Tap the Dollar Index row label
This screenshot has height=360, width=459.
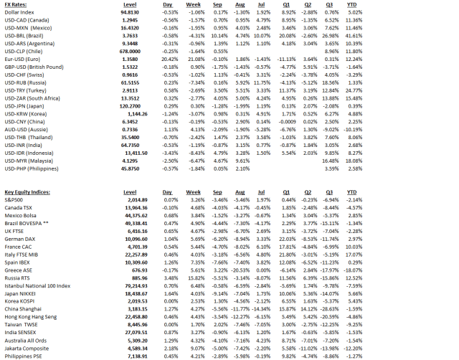coord(19,11)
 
